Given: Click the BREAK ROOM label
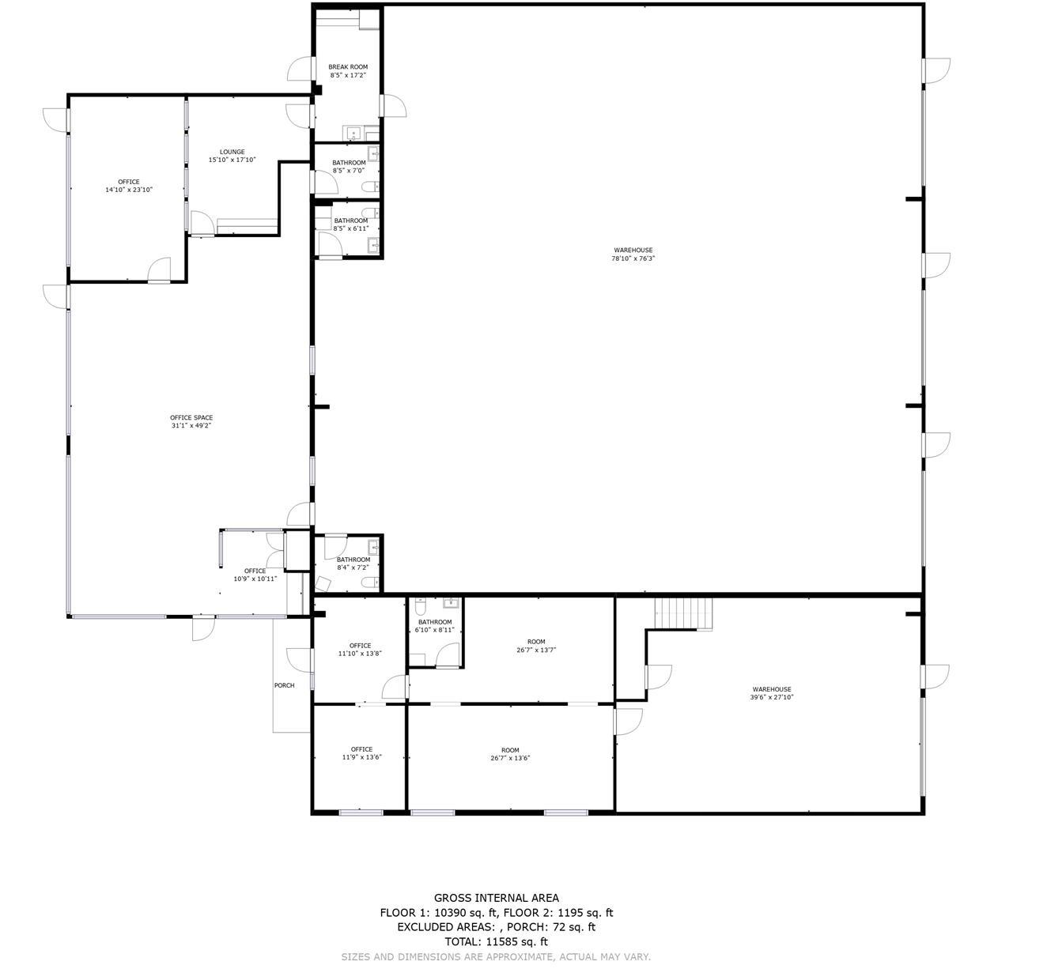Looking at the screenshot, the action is pyautogui.click(x=348, y=67).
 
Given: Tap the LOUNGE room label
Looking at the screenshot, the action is pyautogui.click(x=232, y=152).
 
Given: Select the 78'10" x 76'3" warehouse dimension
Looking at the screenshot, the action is pyautogui.click(x=633, y=258).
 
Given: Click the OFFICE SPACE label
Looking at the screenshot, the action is pyautogui.click(x=191, y=417).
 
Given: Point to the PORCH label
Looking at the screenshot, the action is pyautogui.click(x=284, y=685).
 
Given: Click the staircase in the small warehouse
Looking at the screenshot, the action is pyautogui.click(x=683, y=613).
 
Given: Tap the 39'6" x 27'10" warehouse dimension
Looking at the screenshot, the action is pyautogui.click(x=772, y=697).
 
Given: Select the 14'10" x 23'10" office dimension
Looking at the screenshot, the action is pyautogui.click(x=129, y=190).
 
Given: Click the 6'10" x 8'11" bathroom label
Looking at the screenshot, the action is pyautogui.click(x=434, y=630).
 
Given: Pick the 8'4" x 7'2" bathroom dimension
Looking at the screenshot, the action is pyautogui.click(x=353, y=567).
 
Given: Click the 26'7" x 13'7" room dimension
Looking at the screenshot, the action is pyautogui.click(x=536, y=650).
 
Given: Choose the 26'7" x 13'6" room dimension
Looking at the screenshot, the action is pyautogui.click(x=510, y=758).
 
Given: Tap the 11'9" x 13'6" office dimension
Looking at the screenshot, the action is pyautogui.click(x=361, y=757).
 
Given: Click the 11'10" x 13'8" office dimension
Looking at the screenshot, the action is pyautogui.click(x=360, y=654).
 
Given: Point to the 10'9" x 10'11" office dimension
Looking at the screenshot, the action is pyautogui.click(x=255, y=579).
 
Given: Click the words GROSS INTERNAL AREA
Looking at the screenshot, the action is pyautogui.click(x=496, y=898).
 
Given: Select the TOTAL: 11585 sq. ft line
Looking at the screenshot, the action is pyautogui.click(x=496, y=941).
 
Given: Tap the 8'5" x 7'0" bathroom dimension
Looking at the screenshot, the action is pyautogui.click(x=349, y=171).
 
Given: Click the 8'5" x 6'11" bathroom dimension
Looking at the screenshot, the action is pyautogui.click(x=350, y=228).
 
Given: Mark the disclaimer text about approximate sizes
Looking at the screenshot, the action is pyautogui.click(x=496, y=956).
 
